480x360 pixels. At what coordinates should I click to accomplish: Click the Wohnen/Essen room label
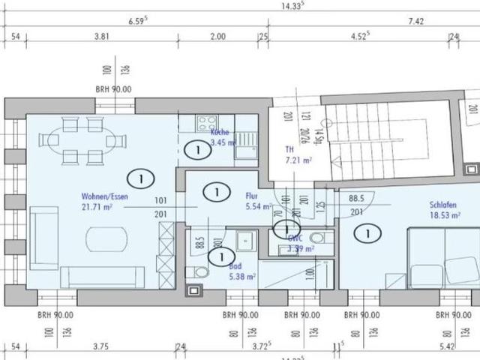(105, 196)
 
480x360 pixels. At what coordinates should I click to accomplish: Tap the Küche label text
(220, 132)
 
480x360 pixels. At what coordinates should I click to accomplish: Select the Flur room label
(251, 196)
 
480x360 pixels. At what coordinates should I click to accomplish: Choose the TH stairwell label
(289, 149)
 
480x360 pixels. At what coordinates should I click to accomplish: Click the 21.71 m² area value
(97, 207)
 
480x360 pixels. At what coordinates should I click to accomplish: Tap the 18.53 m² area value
(444, 214)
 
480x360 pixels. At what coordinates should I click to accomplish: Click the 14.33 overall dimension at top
(291, 5)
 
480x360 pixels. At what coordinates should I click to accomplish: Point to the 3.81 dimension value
(102, 35)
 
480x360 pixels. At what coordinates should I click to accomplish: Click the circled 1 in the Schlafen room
(367, 234)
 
